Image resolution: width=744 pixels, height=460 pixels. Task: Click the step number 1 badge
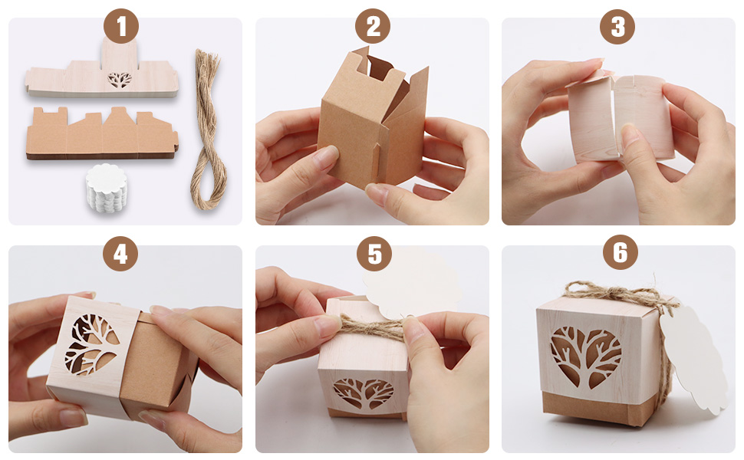pyautogui.click(x=121, y=26)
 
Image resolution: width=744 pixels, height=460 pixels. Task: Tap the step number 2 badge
pyautogui.click(x=373, y=26)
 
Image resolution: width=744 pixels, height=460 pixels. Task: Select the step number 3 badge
pyautogui.click(x=617, y=26)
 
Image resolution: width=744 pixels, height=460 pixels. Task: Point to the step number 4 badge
pyautogui.click(x=120, y=254)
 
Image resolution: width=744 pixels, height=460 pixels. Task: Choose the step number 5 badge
pyautogui.click(x=374, y=254)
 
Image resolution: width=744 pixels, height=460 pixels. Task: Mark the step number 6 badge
pyautogui.click(x=621, y=253)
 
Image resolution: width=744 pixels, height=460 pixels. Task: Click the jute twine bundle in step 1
pyautogui.click(x=207, y=128)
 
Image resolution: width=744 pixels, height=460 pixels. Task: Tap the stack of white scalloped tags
pyautogui.click(x=107, y=189)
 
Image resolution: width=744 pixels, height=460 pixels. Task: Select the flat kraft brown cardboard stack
pyautogui.click(x=102, y=133)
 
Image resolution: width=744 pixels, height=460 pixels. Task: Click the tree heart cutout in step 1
pyautogui.click(x=120, y=80)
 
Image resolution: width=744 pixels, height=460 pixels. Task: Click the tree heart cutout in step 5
pyautogui.click(x=364, y=393)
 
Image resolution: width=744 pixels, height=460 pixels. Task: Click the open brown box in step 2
pyautogui.click(x=373, y=119)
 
